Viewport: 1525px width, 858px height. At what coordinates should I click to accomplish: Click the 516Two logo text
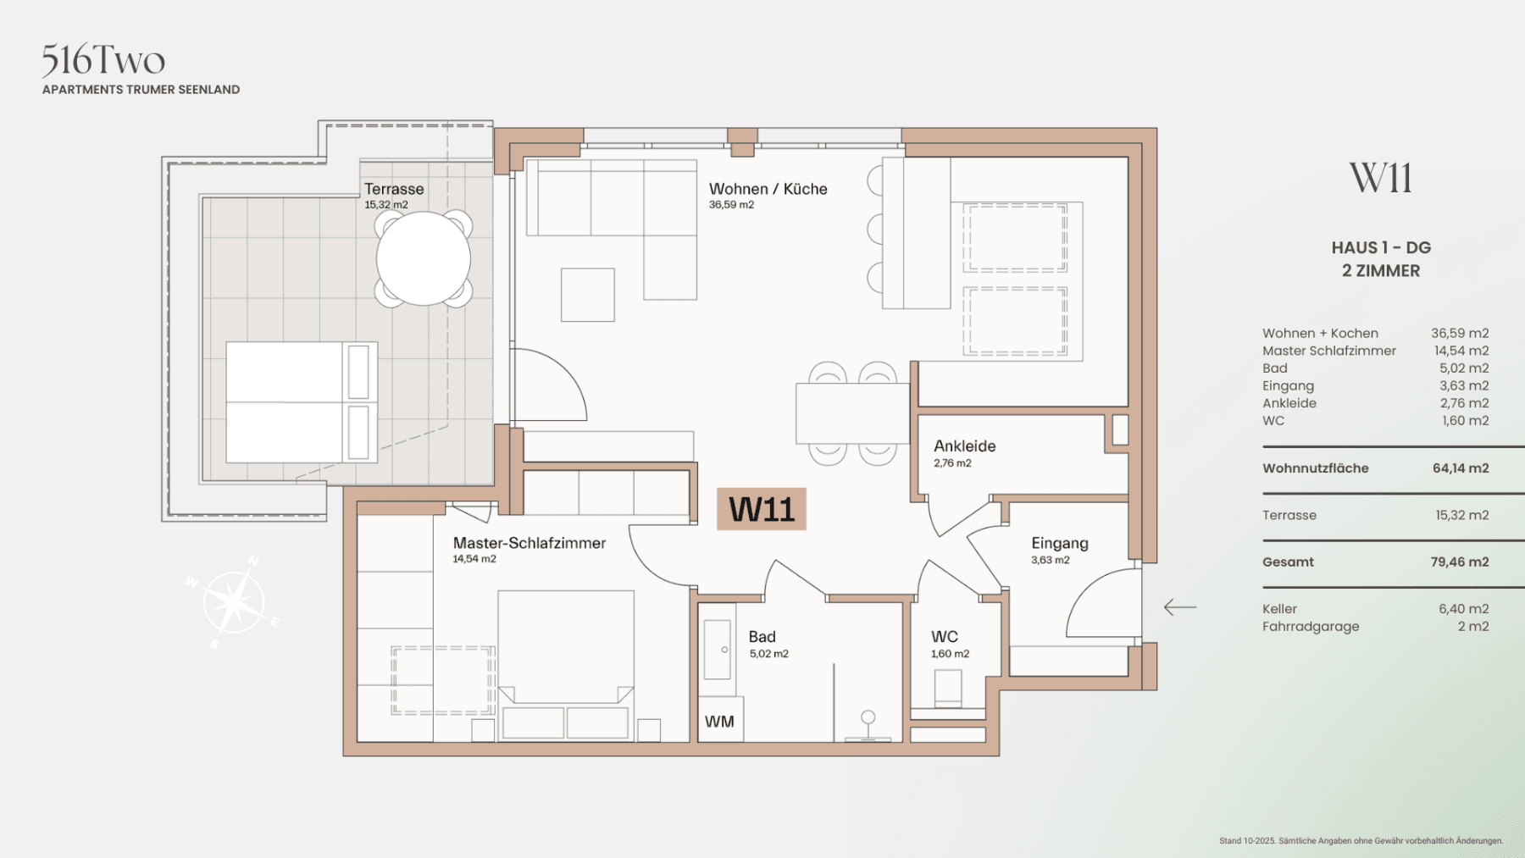[103, 60]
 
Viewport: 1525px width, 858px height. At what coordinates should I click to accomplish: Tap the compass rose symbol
[232, 603]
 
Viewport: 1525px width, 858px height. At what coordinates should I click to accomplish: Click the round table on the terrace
[423, 258]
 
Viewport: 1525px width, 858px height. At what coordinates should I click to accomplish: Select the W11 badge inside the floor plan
[761, 509]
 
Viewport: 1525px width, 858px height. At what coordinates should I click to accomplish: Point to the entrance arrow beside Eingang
[1179, 606]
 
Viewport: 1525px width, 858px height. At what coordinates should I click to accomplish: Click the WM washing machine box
[719, 721]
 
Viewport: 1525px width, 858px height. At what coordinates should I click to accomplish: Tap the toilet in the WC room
[948, 687]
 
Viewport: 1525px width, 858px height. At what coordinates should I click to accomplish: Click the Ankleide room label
[964, 446]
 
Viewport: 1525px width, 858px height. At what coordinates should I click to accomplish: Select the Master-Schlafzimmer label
[529, 543]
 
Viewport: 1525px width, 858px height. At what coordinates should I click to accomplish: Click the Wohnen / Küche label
[768, 189]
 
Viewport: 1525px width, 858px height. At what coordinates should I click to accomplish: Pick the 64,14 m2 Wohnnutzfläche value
[1460, 468]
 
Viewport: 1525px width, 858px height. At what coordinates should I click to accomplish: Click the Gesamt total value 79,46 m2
[1459, 562]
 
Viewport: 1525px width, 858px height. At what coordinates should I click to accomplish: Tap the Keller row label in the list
[1279, 608]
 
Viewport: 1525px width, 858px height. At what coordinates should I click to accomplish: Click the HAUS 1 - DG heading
[1380, 247]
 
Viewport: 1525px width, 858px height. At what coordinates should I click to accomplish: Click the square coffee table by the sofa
[587, 295]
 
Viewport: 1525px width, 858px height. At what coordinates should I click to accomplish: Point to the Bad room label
[762, 636]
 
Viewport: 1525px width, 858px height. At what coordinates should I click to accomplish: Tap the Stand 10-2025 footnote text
[1360, 840]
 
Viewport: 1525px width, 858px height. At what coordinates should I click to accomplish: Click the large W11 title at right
[1380, 178]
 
